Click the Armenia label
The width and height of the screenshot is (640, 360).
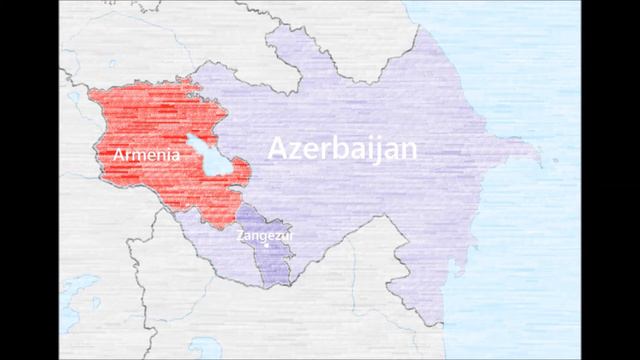click(147, 156)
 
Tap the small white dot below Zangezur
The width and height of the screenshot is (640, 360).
click(267, 245)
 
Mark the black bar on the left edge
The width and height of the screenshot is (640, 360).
click(28, 180)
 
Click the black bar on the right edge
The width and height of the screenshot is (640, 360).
click(611, 180)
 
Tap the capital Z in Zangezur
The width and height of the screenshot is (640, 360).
click(240, 237)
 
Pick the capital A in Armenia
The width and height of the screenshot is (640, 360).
click(120, 156)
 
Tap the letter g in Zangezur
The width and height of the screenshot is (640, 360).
click(263, 239)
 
